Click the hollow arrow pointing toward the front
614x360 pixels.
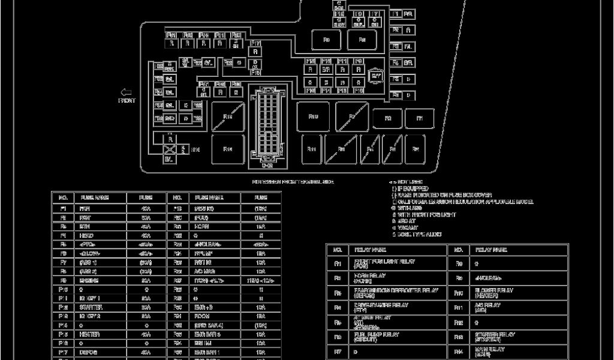(127, 92)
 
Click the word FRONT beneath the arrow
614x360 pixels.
(127, 101)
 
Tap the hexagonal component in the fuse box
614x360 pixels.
(376, 76)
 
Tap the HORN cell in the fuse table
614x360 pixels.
(200, 227)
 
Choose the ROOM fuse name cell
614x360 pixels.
(201, 316)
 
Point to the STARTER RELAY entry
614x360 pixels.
(495, 337)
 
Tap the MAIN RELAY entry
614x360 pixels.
(490, 351)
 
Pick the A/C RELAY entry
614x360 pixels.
(489, 307)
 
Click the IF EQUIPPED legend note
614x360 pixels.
(410, 188)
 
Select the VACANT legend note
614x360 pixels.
(407, 227)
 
